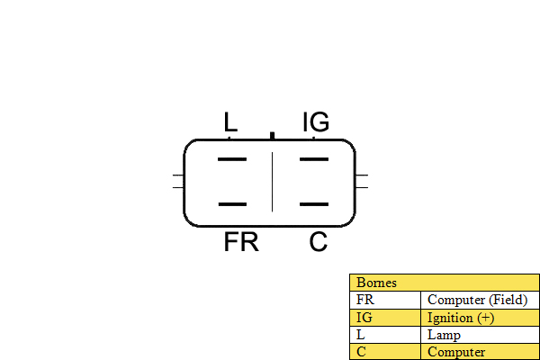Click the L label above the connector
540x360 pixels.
(230, 121)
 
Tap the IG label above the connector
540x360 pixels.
(316, 121)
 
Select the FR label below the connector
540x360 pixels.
(241, 242)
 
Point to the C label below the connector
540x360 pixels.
(319, 242)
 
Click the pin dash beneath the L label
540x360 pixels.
(232, 159)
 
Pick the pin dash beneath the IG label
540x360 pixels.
(314, 159)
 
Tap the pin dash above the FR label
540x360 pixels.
(232, 204)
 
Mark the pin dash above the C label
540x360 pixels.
(314, 204)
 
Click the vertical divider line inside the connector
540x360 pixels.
(273, 182)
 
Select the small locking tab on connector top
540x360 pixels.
(273, 136)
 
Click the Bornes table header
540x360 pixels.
(445, 283)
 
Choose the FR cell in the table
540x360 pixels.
(385, 300)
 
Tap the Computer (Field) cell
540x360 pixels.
(480, 300)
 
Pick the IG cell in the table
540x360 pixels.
(385, 318)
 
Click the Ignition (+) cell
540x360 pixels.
(480, 318)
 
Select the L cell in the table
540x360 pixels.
(385, 335)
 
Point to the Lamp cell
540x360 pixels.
(480, 335)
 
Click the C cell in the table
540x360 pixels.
(385, 352)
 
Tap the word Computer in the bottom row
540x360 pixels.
(456, 352)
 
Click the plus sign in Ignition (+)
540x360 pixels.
(486, 318)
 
